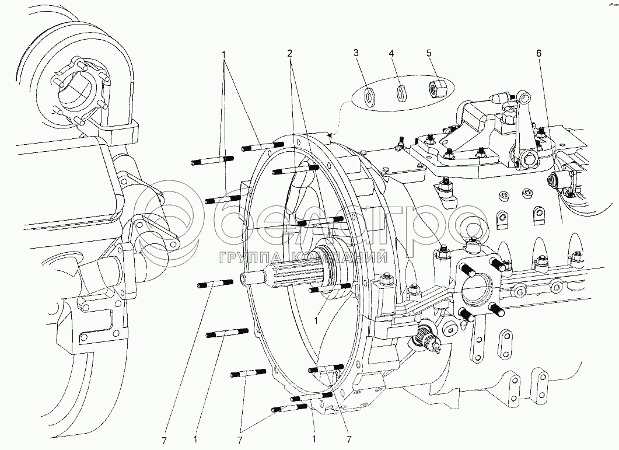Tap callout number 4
393,53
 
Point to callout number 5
429,53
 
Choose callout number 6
539,53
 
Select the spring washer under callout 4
400,93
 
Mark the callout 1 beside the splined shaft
316,320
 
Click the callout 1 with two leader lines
223,53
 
